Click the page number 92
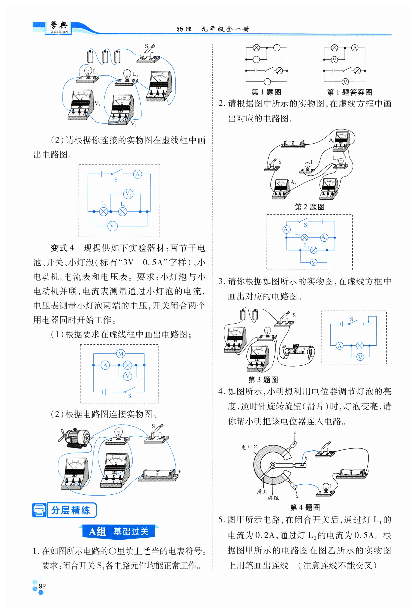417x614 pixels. tap(42, 586)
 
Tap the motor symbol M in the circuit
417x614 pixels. tap(121, 353)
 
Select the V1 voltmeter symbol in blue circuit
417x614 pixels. tap(112, 226)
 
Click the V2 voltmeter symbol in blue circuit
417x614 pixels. tap(128, 194)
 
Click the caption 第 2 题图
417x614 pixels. tap(309, 207)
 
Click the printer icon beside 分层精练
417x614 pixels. tap(39, 510)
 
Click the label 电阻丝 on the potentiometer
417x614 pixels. tap(249, 447)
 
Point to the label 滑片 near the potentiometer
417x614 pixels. tap(262, 491)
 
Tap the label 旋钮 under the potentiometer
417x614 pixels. tap(273, 498)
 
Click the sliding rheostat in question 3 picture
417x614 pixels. tap(298, 351)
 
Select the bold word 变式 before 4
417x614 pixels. tap(59, 248)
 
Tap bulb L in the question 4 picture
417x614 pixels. tap(326, 488)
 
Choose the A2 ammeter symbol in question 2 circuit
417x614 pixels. tap(287, 229)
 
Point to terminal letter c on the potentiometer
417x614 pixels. tap(295, 432)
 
